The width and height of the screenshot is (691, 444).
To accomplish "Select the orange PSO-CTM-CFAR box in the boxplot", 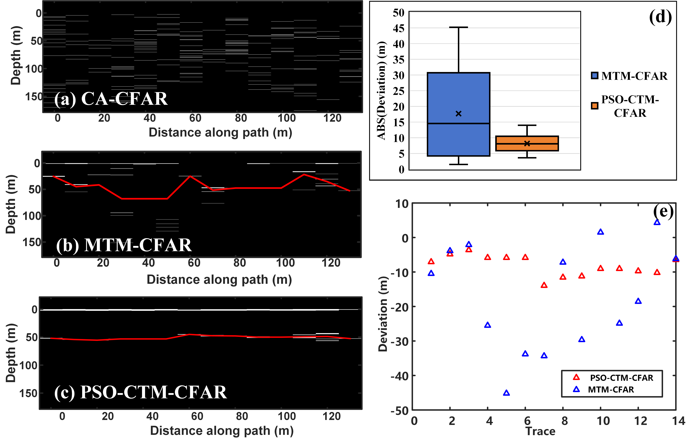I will click(527, 147).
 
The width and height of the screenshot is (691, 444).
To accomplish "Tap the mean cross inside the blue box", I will click(458, 114).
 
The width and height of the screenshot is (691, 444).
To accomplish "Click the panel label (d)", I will click(660, 17).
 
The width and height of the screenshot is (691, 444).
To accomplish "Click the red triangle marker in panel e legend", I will click(576, 377).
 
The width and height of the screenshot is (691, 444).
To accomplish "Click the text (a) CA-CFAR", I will click(111, 99).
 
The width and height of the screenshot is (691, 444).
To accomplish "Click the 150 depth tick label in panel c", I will click(28, 393).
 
